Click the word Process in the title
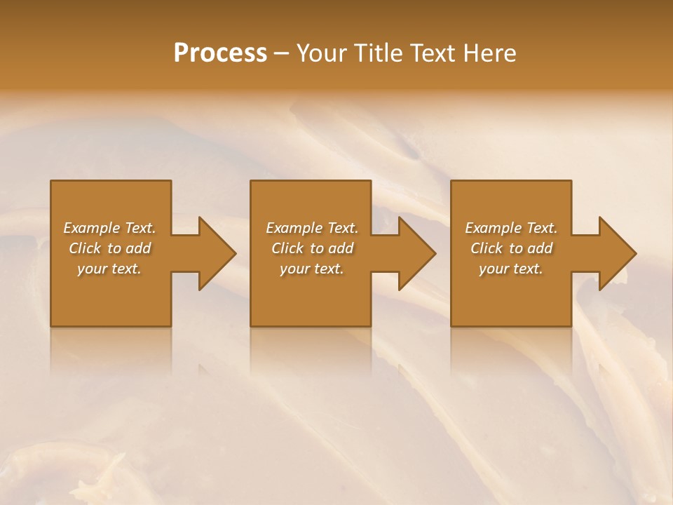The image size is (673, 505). (x=220, y=53)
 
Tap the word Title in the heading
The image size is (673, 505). (x=381, y=53)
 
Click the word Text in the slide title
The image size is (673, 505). (x=433, y=53)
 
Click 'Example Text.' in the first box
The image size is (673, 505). (x=109, y=228)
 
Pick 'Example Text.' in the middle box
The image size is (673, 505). (x=312, y=228)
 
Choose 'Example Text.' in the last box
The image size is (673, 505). (x=511, y=228)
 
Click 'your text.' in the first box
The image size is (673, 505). (x=109, y=269)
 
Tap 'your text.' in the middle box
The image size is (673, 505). (x=312, y=269)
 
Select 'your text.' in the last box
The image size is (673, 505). (x=511, y=269)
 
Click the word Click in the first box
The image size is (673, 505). (x=85, y=248)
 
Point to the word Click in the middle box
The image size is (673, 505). (x=287, y=248)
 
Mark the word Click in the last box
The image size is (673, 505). (x=487, y=248)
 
